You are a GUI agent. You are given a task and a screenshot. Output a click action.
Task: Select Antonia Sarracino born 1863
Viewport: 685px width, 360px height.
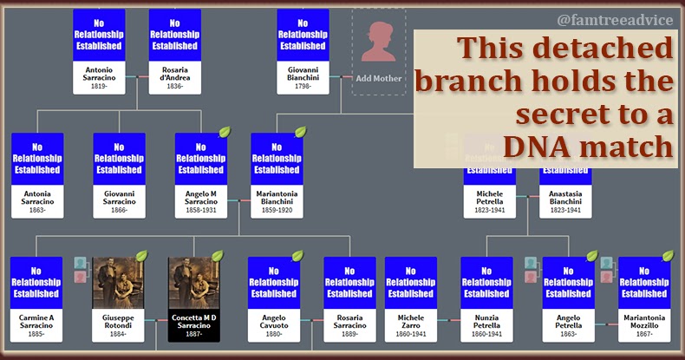36,173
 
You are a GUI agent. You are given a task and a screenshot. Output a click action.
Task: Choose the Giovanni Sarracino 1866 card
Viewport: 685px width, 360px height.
119,173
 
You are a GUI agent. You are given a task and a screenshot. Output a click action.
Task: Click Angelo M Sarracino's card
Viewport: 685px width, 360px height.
200,173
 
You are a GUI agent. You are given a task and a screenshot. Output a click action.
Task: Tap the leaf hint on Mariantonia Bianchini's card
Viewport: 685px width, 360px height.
300,133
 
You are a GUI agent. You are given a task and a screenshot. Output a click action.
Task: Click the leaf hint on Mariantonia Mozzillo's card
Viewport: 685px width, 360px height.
668,257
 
